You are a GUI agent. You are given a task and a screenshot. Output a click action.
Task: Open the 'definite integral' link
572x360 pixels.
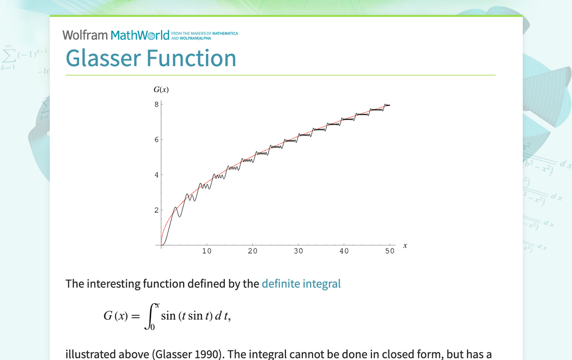click(301, 283)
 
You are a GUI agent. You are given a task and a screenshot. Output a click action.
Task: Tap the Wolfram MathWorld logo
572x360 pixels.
click(116, 35)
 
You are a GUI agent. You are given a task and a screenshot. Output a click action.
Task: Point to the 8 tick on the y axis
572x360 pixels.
click(156, 104)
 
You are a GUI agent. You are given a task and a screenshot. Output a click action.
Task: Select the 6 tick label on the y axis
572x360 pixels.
click(156, 140)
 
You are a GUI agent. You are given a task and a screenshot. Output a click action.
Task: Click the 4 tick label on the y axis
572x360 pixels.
click(156, 175)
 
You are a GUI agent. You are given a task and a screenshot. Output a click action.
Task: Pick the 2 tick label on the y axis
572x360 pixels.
click(156, 210)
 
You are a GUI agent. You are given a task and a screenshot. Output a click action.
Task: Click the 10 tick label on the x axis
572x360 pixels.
click(207, 251)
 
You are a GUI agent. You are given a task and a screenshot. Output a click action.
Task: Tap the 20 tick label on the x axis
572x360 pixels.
click(253, 251)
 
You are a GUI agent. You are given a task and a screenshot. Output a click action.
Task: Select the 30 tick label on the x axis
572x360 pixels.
click(298, 251)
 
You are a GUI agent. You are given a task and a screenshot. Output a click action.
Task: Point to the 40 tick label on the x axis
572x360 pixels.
click(344, 251)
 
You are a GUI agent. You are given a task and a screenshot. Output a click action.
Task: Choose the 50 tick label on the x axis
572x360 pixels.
click(390, 251)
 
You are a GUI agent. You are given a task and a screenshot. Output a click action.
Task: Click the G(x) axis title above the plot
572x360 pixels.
click(161, 90)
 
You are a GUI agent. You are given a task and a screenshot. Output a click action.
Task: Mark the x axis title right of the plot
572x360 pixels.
click(405, 245)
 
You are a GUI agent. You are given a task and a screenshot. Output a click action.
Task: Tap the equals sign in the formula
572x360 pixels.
click(135, 316)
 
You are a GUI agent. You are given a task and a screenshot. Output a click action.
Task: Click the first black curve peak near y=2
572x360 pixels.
click(175, 207)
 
